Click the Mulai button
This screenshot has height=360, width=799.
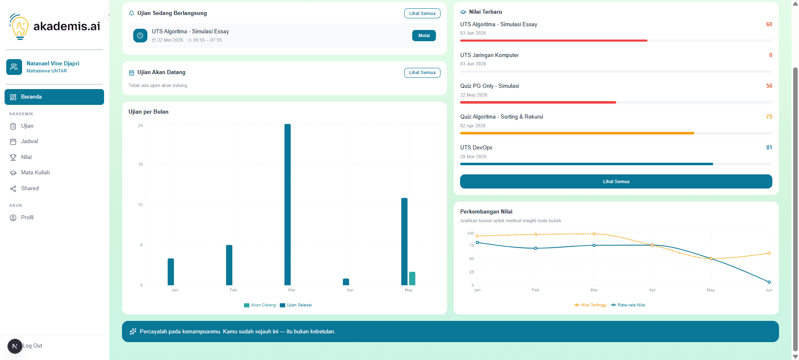pos(424,36)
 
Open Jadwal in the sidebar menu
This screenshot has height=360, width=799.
pos(29,142)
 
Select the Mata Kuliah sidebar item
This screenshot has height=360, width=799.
pos(35,173)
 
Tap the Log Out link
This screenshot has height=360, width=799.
pos(32,346)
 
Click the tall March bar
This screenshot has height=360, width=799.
pos(288,204)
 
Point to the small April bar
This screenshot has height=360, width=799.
pos(346,282)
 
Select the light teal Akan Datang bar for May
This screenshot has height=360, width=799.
pos(412,278)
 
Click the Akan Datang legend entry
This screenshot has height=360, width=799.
pos(260,305)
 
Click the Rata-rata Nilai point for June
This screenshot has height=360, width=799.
pos(769,282)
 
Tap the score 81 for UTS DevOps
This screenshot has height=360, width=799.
pos(769,147)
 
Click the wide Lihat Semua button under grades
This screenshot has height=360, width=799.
pos(616,181)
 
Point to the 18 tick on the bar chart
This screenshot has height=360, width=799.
pos(140,164)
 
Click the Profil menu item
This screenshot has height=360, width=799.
pos(27,218)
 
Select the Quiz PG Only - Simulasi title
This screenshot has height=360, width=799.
pos(490,86)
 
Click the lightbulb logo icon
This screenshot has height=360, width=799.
pos(19,27)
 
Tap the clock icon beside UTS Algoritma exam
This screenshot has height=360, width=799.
pos(140,36)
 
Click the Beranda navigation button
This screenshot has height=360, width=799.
pos(54,97)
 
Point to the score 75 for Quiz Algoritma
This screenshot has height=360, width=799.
pos(769,117)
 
